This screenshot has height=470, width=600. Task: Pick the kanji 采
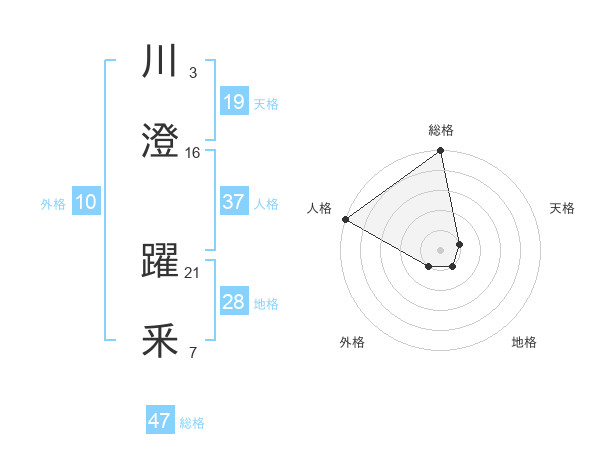click(x=160, y=342)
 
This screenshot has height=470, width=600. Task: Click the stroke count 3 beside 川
click(x=192, y=73)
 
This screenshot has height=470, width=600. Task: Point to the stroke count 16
click(x=193, y=153)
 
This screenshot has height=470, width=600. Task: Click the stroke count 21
click(x=193, y=272)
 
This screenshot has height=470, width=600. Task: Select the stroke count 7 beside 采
click(x=192, y=352)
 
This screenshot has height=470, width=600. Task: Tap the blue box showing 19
click(x=234, y=102)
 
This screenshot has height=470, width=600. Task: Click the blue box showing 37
click(x=234, y=202)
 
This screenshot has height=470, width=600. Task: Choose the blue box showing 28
click(x=234, y=302)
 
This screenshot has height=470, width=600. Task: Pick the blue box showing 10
click(x=86, y=202)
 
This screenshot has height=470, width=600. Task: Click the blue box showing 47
click(x=160, y=421)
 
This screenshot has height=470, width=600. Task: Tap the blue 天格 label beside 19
click(x=266, y=104)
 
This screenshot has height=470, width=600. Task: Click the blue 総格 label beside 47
click(x=192, y=423)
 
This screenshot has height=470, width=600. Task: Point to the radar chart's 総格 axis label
click(x=441, y=130)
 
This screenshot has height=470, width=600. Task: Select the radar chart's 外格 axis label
click(x=352, y=342)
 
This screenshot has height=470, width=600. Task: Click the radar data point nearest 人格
click(x=345, y=219)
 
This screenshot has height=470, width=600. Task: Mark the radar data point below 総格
click(x=441, y=152)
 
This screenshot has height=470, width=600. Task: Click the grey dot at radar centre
click(x=441, y=249)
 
